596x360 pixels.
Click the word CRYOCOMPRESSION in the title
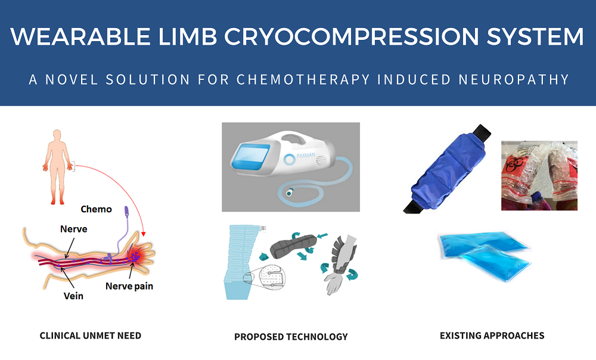click(x=352, y=36)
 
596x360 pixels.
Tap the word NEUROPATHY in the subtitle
click(x=514, y=79)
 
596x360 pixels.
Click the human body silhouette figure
click(x=57, y=167)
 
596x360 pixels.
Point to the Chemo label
click(x=96, y=209)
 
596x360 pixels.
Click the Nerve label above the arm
click(x=74, y=229)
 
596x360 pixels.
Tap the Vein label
click(x=73, y=296)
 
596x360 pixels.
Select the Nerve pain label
click(x=129, y=286)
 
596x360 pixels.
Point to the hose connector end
click(x=290, y=193)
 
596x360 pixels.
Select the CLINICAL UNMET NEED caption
click(x=91, y=336)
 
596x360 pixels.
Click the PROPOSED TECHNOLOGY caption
click(x=291, y=337)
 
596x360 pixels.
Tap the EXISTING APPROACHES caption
click(x=492, y=336)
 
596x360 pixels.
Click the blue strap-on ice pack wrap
click(x=447, y=168)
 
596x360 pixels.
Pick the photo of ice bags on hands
click(x=539, y=176)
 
